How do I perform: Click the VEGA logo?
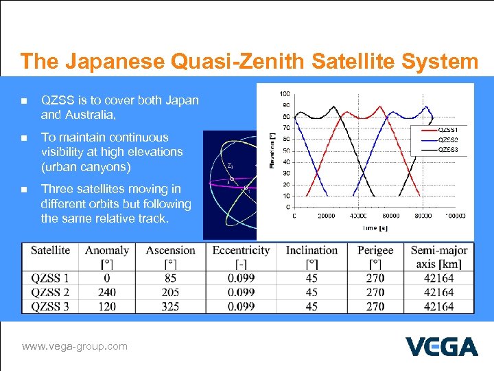(441, 346)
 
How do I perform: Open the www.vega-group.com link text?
(75, 346)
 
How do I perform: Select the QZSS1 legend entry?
(448, 129)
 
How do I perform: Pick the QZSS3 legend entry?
(448, 149)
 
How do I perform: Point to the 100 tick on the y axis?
(284, 93)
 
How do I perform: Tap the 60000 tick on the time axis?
(389, 215)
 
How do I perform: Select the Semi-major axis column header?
(439, 257)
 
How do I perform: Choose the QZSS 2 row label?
(50, 292)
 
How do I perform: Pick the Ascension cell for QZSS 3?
(170, 306)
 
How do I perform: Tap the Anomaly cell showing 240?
(107, 292)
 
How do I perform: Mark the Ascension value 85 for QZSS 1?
(170, 278)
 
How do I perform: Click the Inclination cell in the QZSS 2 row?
(311, 292)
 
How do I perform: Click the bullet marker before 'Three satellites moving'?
(24, 190)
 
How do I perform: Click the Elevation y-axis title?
(272, 150)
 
